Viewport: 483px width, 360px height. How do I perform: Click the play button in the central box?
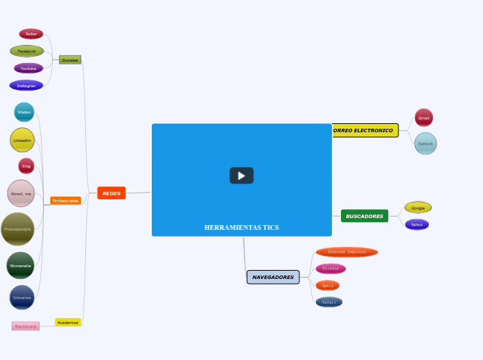click(241, 176)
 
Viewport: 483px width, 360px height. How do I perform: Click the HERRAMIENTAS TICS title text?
click(241, 227)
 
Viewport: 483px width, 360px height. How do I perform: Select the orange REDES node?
click(112, 193)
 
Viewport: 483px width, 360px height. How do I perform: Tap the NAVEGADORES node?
click(273, 277)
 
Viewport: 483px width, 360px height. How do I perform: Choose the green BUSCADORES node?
click(365, 216)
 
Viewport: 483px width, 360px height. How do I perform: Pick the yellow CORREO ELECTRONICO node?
click(365, 130)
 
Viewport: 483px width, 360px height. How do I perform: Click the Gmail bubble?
click(423, 118)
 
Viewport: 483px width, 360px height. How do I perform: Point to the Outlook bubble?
click(425, 143)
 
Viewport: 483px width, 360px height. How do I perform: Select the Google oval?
click(418, 208)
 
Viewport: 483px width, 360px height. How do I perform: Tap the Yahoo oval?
click(416, 224)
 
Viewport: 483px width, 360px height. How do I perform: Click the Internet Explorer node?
click(346, 252)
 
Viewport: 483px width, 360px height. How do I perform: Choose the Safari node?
click(329, 302)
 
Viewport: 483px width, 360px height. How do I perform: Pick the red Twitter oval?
click(31, 33)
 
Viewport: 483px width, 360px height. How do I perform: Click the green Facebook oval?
click(27, 51)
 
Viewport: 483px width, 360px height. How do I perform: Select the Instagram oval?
click(26, 85)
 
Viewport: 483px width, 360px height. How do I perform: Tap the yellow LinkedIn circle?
click(22, 140)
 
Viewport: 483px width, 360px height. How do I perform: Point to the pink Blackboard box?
click(26, 326)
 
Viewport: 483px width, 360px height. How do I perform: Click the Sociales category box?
click(70, 60)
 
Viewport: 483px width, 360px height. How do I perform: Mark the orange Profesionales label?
click(66, 201)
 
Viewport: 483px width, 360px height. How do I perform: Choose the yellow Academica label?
click(68, 323)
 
